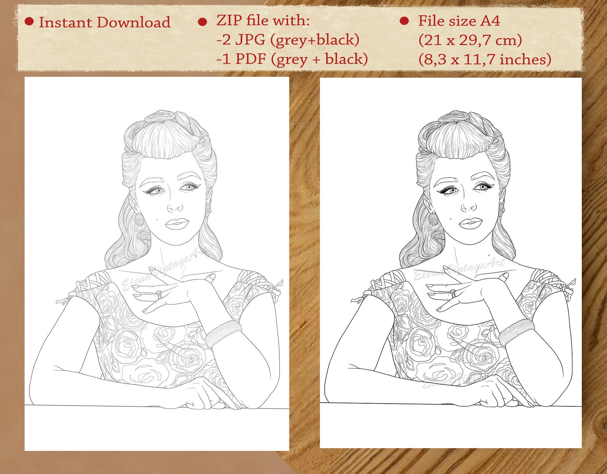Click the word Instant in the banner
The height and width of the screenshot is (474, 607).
point(65,23)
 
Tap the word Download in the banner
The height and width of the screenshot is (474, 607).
point(133,23)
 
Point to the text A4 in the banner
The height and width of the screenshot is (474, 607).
point(490,21)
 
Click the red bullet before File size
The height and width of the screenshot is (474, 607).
point(404,21)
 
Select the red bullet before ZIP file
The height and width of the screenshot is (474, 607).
point(203,22)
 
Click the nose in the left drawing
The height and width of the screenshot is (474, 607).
point(175,207)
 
